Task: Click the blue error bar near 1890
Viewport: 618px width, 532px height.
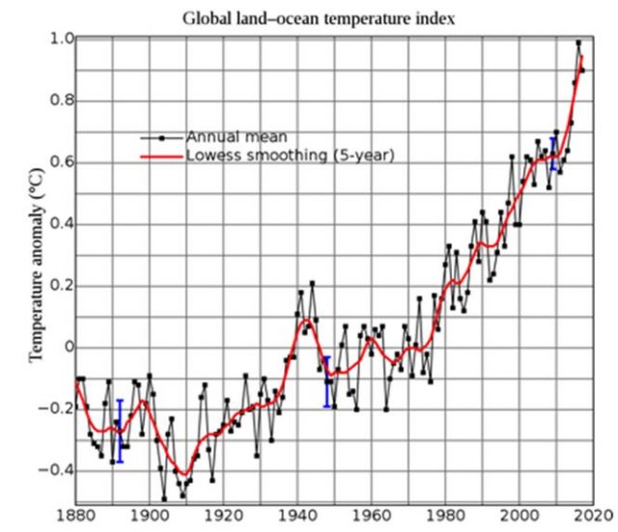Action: pyautogui.click(x=120, y=431)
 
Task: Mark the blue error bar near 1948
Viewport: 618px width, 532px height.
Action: pyautogui.click(x=326, y=381)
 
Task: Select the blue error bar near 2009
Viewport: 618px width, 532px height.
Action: pyautogui.click(x=552, y=154)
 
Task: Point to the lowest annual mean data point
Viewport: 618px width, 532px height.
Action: pyautogui.click(x=164, y=497)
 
